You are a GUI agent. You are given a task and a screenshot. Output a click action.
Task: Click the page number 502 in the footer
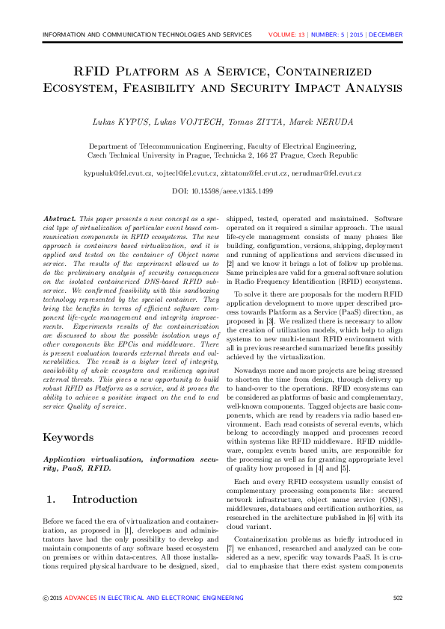(398, 598)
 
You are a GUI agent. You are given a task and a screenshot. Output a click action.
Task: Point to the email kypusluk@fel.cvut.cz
(120, 173)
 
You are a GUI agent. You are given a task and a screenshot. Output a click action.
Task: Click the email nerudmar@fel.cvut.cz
(327, 173)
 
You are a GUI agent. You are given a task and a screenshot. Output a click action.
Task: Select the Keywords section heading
(68, 437)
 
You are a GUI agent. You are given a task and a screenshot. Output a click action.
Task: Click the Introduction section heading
(105, 499)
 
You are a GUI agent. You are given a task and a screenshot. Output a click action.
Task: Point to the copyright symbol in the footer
(46, 598)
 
